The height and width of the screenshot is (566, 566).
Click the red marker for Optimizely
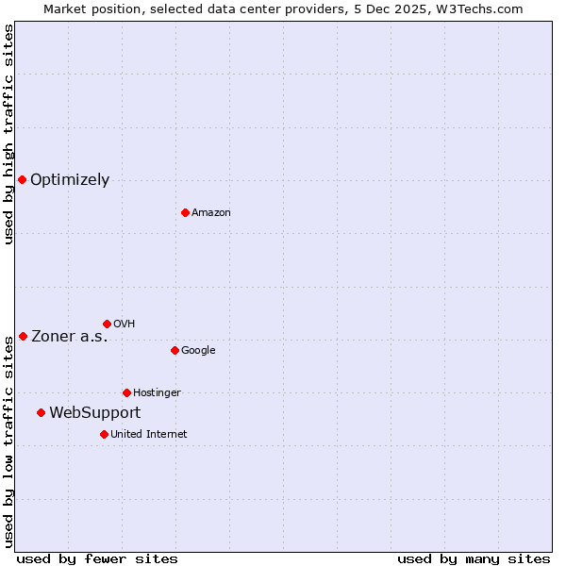[x=22, y=179]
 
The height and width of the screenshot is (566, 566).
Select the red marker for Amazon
[x=185, y=212]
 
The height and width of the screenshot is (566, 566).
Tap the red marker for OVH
[x=107, y=324]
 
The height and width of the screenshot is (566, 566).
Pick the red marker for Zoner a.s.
[x=23, y=336]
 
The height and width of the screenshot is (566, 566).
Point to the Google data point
[x=175, y=350]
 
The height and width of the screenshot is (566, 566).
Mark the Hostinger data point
[x=126, y=392]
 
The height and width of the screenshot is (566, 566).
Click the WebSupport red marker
[x=41, y=412]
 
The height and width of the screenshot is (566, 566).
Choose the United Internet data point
[x=104, y=434]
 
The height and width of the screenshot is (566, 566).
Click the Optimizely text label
[x=70, y=180]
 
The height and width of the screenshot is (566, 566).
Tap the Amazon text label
[x=211, y=213]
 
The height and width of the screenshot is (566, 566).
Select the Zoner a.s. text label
[x=70, y=337]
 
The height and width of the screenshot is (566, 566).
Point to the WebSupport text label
[x=94, y=413]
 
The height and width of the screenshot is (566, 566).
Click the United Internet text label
[x=148, y=435]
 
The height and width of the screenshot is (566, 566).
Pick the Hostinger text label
[x=157, y=393]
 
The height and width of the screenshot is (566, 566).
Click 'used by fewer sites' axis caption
[x=97, y=558]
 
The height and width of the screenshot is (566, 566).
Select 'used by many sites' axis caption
[x=474, y=558]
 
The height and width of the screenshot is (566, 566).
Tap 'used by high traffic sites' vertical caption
[x=8, y=134]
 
